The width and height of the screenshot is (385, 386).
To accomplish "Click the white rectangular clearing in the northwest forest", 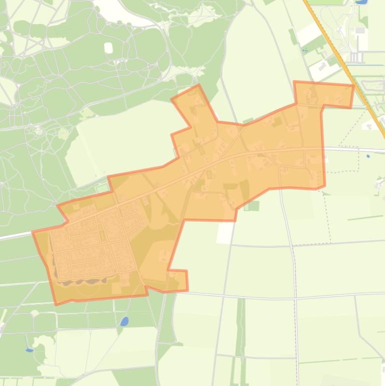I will pos(109,48).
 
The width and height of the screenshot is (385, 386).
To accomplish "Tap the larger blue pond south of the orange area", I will pos(124,321).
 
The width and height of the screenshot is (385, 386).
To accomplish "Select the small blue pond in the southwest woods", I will pos(29,350).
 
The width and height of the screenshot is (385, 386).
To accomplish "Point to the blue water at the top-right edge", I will pos(359,2).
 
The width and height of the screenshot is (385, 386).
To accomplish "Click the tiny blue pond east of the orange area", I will pos(368,156).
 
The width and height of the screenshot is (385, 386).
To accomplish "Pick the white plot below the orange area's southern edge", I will pos(225,232).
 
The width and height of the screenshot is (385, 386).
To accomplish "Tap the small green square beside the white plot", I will pos(253,206).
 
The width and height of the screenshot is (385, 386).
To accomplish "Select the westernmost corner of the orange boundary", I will pos(33,232).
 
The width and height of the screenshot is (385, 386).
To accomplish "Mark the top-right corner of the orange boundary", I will pos(353,85).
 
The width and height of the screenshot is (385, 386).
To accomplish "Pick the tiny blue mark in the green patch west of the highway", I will pos(304,50).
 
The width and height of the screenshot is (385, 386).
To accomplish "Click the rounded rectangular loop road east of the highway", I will pos(373,85).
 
